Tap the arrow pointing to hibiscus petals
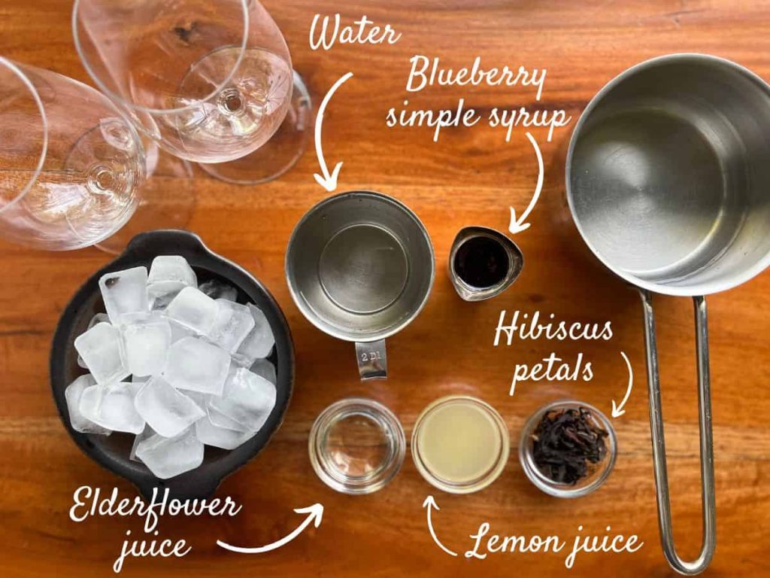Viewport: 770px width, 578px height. click(x=623, y=385)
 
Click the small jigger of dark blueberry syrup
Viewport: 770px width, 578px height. click(x=484, y=263)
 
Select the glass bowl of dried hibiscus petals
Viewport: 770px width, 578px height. click(x=568, y=449)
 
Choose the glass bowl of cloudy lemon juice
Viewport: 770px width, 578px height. click(x=459, y=443)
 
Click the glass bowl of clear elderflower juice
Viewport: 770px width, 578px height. click(x=356, y=445)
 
